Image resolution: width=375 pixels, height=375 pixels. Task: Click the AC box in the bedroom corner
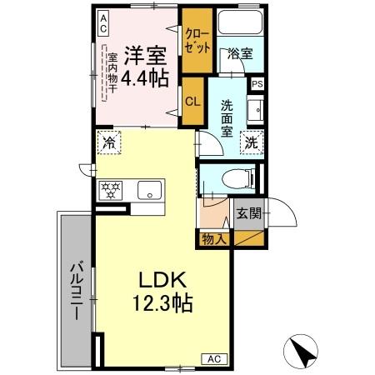pos(102,23)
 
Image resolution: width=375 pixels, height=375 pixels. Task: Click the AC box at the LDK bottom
pos(212,357)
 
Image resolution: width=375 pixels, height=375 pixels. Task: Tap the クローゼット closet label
pos(197,41)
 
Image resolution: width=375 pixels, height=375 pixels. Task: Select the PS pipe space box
pos(257,83)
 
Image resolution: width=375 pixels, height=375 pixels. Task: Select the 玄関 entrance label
pos(247,212)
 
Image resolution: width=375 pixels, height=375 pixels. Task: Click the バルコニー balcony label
pos(75,292)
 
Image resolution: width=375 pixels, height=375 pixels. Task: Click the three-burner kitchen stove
pos(110,189)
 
